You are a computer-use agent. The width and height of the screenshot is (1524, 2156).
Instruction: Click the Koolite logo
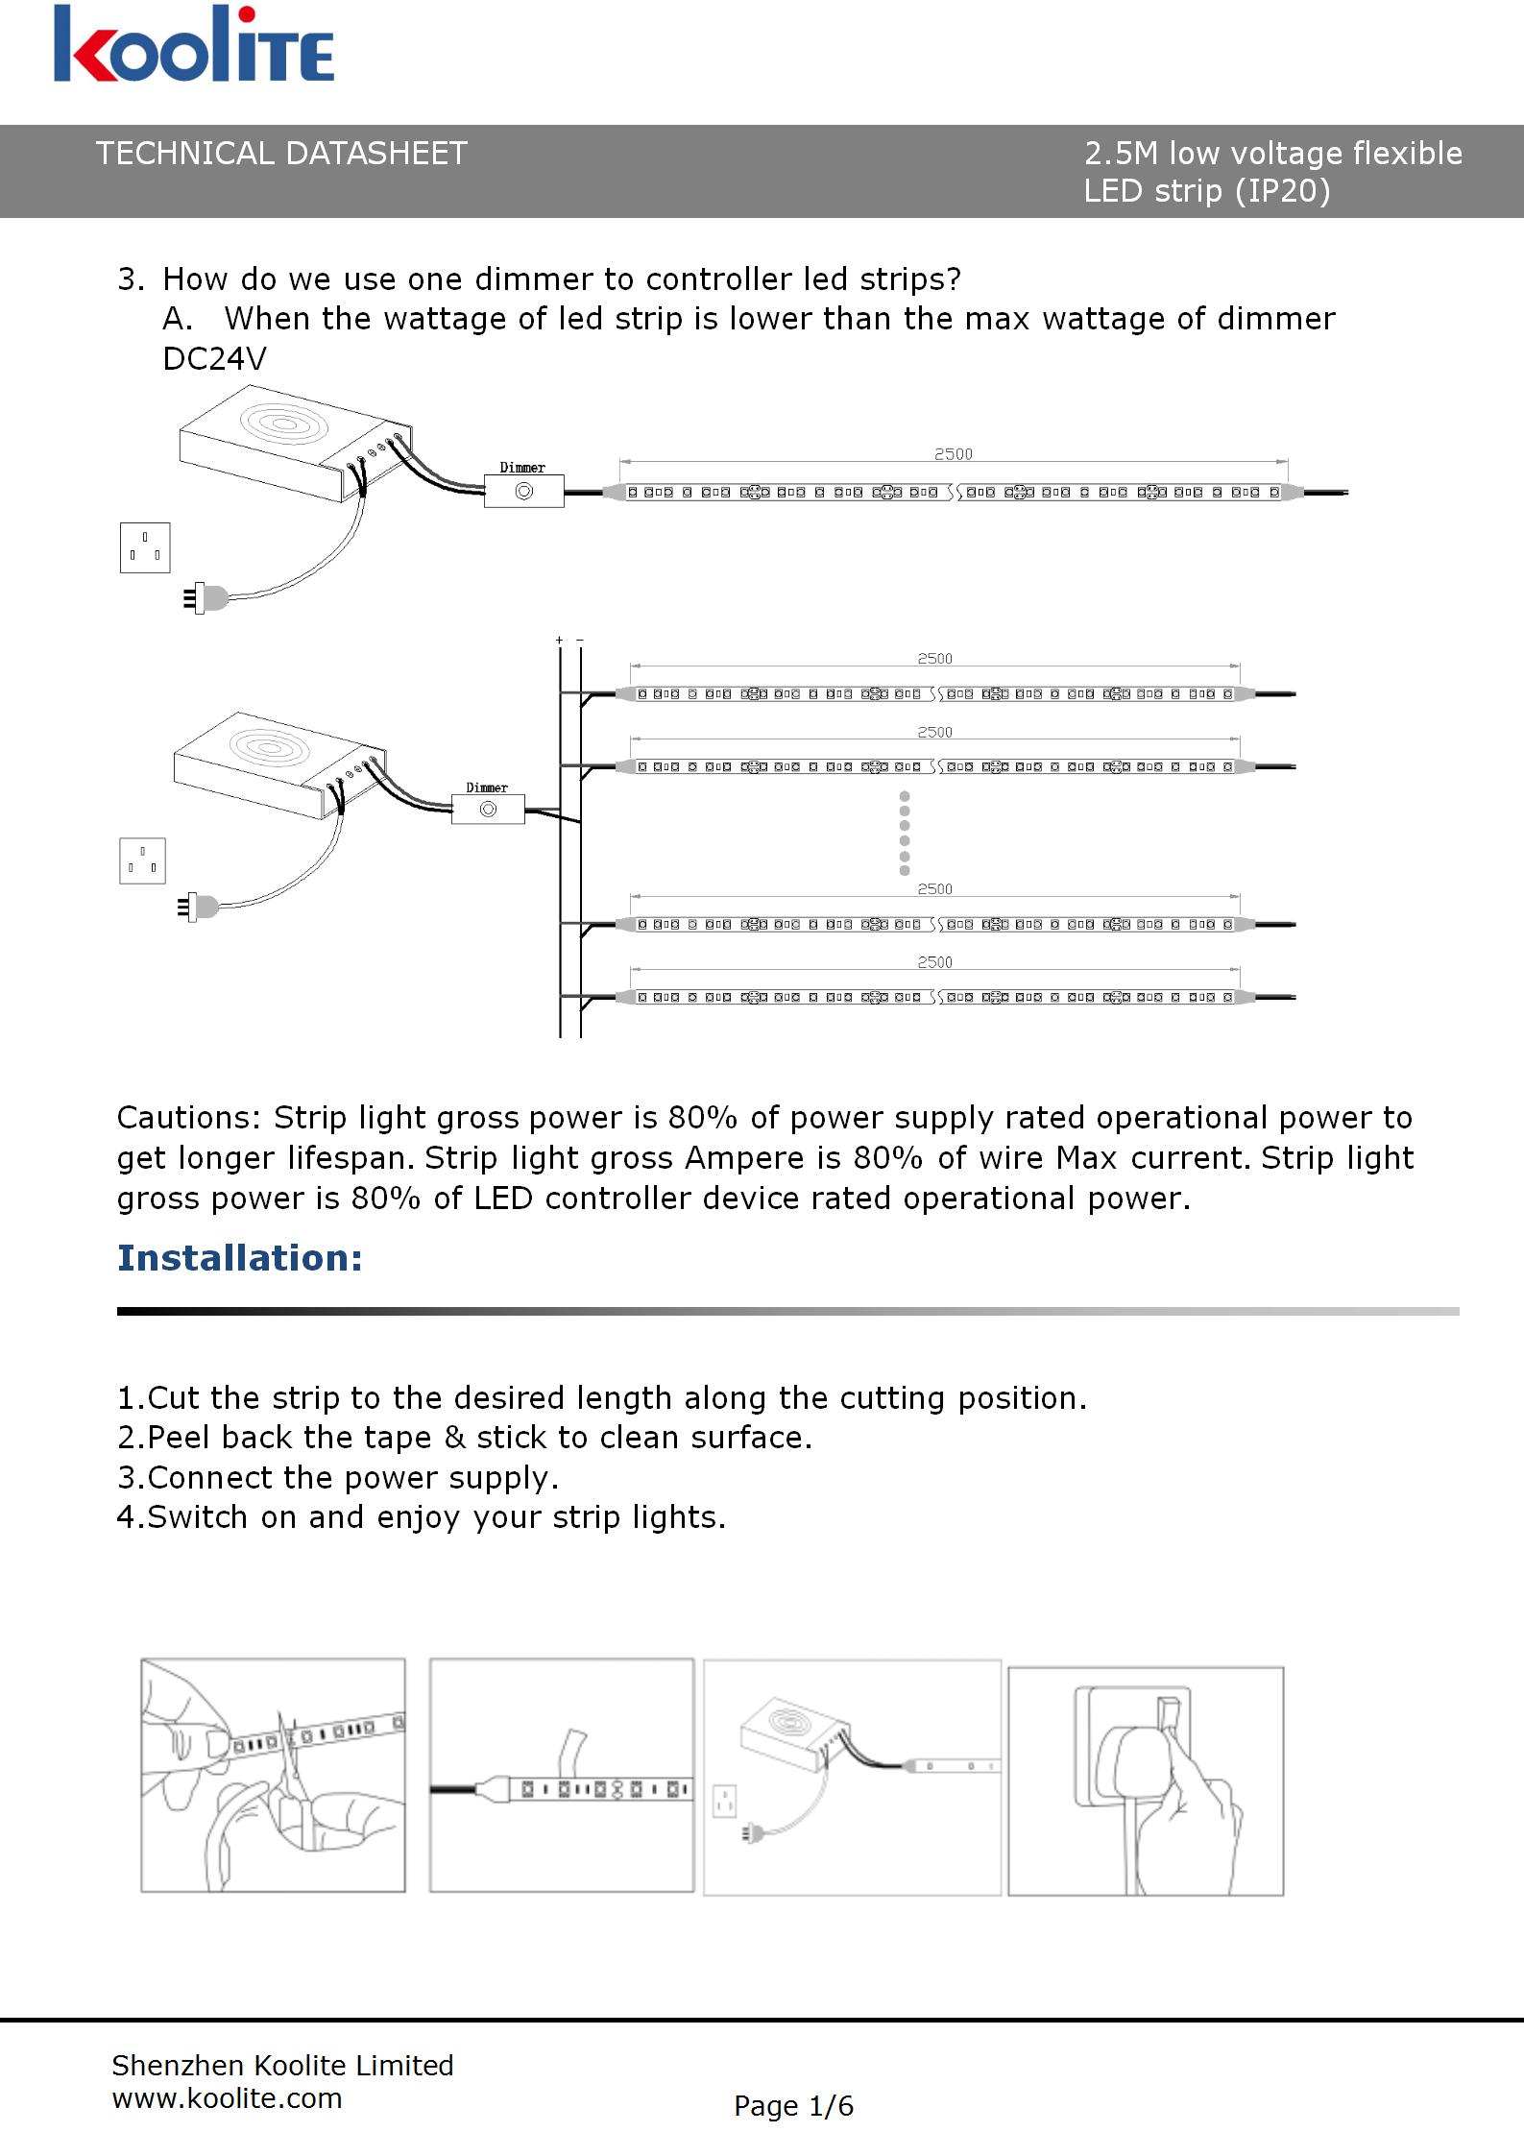[x=194, y=45]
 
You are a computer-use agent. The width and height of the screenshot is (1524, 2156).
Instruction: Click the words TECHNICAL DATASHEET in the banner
[x=281, y=154]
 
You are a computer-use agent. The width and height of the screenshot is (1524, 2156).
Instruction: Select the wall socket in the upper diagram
[x=145, y=547]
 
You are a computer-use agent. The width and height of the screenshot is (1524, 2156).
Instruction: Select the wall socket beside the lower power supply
[x=142, y=860]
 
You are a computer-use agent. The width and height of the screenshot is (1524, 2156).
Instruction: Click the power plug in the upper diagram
[x=207, y=598]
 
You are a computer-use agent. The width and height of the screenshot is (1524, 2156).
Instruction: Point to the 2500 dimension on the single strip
[x=953, y=454]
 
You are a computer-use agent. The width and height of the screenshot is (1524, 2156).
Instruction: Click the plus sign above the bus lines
[x=559, y=640]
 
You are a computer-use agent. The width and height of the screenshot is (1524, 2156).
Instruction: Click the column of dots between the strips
[x=905, y=833]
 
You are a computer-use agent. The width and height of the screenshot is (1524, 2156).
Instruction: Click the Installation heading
[x=240, y=1258]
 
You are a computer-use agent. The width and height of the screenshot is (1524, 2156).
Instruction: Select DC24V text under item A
[x=215, y=359]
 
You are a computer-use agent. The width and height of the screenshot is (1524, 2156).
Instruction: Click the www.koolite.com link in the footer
[x=228, y=2098]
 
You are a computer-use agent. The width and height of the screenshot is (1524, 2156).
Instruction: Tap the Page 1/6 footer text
[x=793, y=2106]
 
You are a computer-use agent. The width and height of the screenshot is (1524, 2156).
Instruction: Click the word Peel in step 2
[x=181, y=1438]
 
